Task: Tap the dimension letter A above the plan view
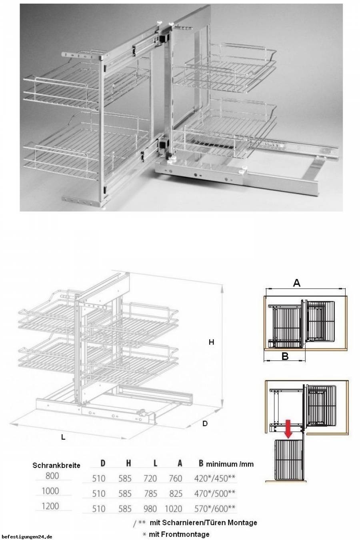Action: coord(296,282)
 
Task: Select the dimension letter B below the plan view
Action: coord(285,356)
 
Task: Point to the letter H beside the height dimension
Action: coord(211,342)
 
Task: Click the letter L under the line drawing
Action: coord(63,437)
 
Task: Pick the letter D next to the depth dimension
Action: coord(205,424)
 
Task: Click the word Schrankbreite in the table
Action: coord(56,465)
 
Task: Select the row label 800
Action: coord(52,476)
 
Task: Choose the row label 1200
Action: coord(50,506)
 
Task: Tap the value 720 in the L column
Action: coord(150,478)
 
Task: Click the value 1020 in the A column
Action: coord(173,509)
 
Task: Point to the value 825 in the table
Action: coord(176,494)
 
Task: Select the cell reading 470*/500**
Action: coord(215,494)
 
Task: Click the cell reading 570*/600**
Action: coord(215,509)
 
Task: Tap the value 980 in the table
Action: coord(150,509)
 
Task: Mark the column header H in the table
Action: coord(128,463)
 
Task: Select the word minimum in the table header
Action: coord(222,464)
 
